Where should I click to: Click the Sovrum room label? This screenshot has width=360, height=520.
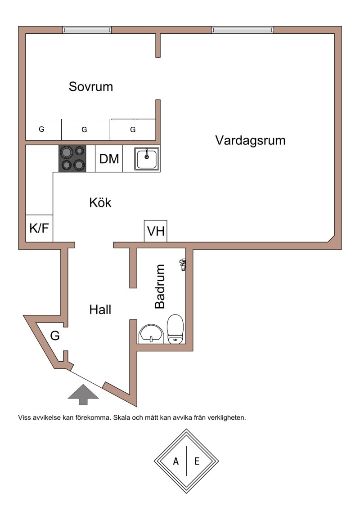click(x=90, y=86)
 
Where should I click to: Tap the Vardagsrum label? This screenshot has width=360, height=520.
click(x=250, y=140)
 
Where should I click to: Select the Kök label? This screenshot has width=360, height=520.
click(x=100, y=202)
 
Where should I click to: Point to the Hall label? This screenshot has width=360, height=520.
click(x=100, y=309)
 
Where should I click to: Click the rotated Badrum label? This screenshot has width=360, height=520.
click(x=160, y=286)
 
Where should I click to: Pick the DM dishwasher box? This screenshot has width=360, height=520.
click(x=109, y=159)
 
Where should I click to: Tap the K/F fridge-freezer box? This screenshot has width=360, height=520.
click(x=39, y=229)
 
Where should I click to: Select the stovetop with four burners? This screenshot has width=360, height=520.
click(x=72, y=159)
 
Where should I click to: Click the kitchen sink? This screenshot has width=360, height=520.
click(x=147, y=159)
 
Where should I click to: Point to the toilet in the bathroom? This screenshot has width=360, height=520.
click(x=175, y=329)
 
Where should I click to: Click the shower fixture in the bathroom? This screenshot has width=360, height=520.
click(x=183, y=264)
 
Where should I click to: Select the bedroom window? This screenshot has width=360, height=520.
click(x=86, y=30)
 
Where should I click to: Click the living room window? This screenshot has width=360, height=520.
click(x=242, y=30)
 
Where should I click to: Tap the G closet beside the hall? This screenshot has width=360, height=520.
click(x=54, y=336)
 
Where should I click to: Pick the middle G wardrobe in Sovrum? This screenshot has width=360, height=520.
click(x=85, y=130)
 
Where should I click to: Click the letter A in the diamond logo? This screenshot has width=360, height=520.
click(x=176, y=461)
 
